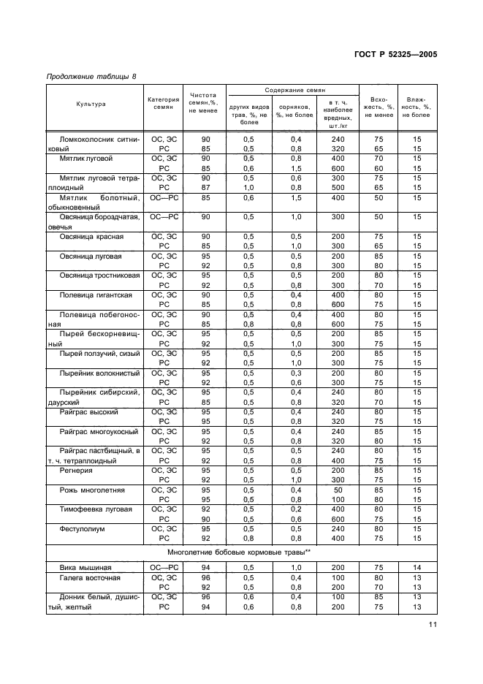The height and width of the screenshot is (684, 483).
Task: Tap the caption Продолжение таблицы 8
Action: [x=91, y=77]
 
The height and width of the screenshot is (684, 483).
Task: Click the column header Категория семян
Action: [x=163, y=104]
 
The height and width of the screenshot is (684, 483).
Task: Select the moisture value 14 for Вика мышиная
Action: [x=417, y=568]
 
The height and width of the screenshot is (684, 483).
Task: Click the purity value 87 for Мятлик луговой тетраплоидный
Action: [x=205, y=187]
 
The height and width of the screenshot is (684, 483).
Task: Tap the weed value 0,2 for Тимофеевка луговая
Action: [x=296, y=509]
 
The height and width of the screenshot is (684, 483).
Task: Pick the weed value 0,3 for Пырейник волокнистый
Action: [x=296, y=373]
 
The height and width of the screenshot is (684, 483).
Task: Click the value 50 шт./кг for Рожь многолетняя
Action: [x=338, y=490]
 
